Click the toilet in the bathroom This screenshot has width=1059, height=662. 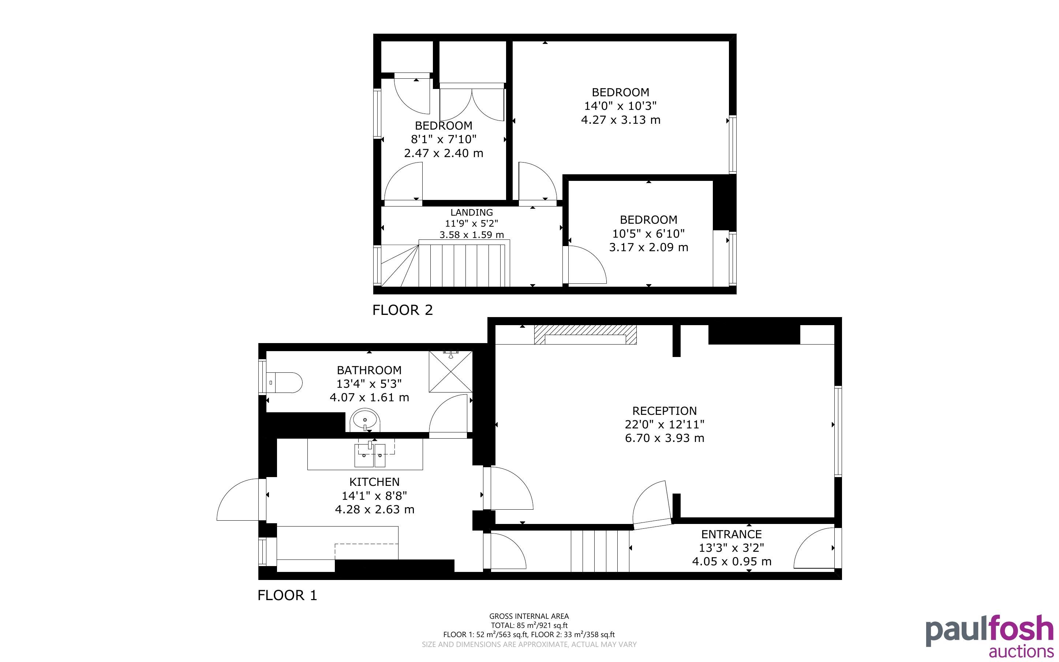pos(284,382)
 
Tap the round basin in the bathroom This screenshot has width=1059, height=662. pos(365,420)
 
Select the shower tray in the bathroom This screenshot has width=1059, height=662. pos(450,371)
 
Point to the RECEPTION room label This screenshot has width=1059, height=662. pos(665,411)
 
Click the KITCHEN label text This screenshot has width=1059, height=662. pos(374,481)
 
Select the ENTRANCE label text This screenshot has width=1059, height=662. pos(731,534)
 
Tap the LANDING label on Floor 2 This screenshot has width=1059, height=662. pos(472,212)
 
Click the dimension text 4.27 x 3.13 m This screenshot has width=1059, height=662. pos(621,119)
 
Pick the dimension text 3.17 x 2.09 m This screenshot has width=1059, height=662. pos(649,248)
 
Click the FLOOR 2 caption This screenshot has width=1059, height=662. pos(403,310)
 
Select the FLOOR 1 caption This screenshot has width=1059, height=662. pos(287,595)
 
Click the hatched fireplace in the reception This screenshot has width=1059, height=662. pos(585,335)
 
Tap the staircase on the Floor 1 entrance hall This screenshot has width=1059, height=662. pos(600,551)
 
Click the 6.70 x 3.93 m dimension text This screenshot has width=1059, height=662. pos(665,438)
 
